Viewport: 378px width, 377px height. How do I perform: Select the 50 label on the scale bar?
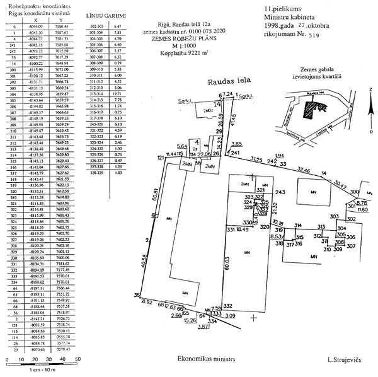[78, 359]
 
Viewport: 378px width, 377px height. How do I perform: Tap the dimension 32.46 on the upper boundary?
[304, 170]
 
